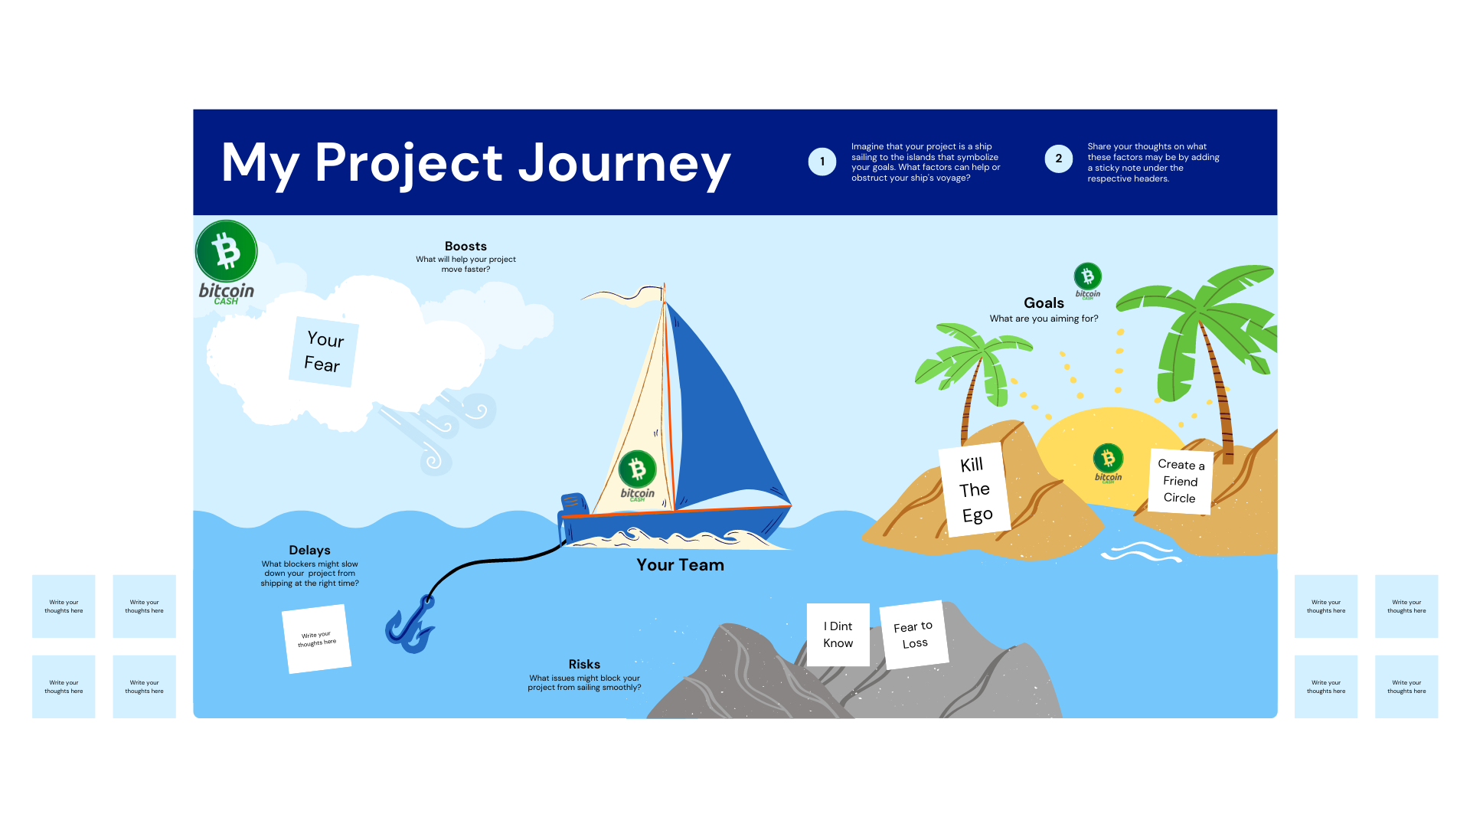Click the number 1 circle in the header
click(822, 162)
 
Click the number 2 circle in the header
click(1059, 159)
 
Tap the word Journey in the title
click(624, 164)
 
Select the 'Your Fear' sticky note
click(324, 351)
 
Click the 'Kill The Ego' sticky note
click(975, 489)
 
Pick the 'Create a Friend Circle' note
click(1180, 481)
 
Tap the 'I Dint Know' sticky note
click(838, 635)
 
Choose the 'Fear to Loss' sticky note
click(914, 635)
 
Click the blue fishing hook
click(410, 625)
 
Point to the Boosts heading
click(465, 247)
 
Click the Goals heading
click(1044, 303)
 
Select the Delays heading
click(309, 551)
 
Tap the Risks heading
click(584, 665)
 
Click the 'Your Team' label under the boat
click(680, 565)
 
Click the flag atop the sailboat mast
click(624, 296)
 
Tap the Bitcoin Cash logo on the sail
click(637, 476)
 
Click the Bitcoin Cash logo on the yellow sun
click(1108, 463)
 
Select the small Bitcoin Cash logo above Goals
click(1088, 280)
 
